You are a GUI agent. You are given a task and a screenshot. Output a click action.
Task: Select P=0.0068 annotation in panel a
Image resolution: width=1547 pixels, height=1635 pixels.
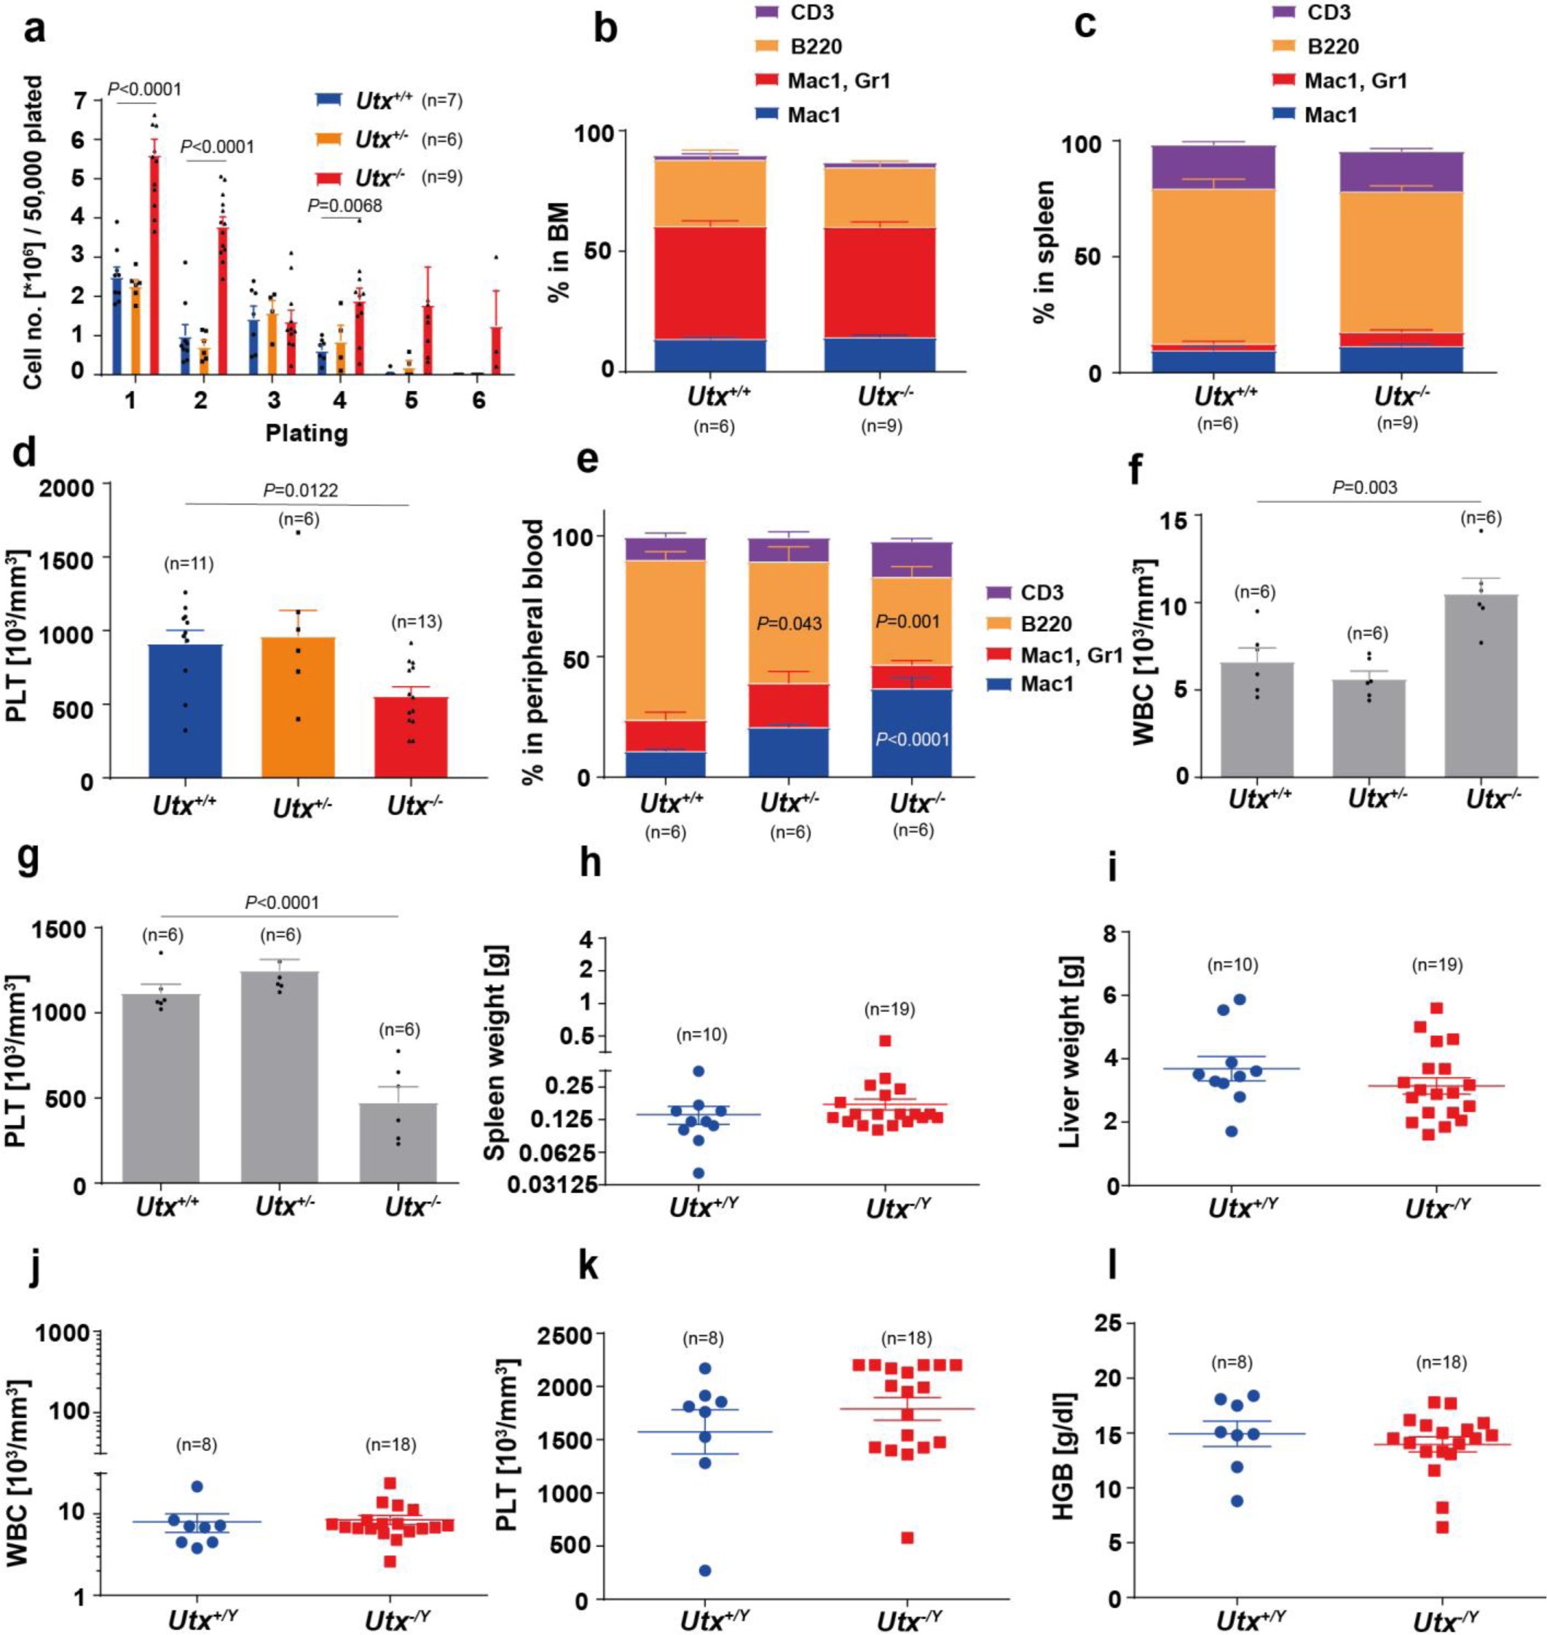[345, 206]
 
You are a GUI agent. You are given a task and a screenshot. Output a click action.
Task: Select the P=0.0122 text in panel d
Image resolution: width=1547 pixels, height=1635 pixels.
[300, 491]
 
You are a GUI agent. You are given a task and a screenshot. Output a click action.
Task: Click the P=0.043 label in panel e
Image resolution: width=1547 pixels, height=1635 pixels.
[790, 623]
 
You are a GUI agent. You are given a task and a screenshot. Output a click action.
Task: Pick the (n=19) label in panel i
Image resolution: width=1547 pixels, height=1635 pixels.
[1438, 965]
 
